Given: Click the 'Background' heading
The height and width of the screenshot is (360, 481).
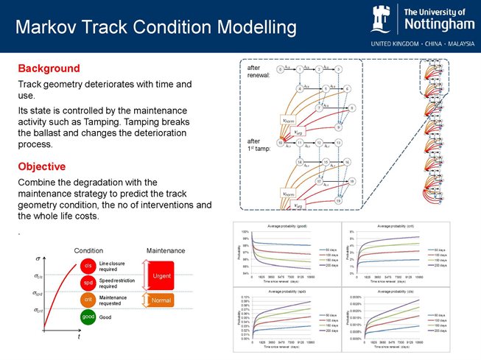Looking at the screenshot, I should [49, 68].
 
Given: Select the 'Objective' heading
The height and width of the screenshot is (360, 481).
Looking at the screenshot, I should [42, 166].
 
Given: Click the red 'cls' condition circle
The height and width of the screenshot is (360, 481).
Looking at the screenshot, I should [87, 265].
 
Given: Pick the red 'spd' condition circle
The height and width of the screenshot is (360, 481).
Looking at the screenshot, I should [87, 283].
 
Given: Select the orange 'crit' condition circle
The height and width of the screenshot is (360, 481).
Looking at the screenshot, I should [87, 300].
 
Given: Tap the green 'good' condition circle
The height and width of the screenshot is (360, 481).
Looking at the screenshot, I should [87, 317].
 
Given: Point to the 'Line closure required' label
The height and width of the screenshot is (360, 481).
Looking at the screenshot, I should [113, 266].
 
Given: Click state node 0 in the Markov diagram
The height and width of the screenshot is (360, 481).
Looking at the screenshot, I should [281, 70].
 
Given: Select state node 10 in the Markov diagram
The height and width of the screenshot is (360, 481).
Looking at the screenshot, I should [281, 143].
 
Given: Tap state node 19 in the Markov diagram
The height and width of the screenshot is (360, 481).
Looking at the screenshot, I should [338, 200].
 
